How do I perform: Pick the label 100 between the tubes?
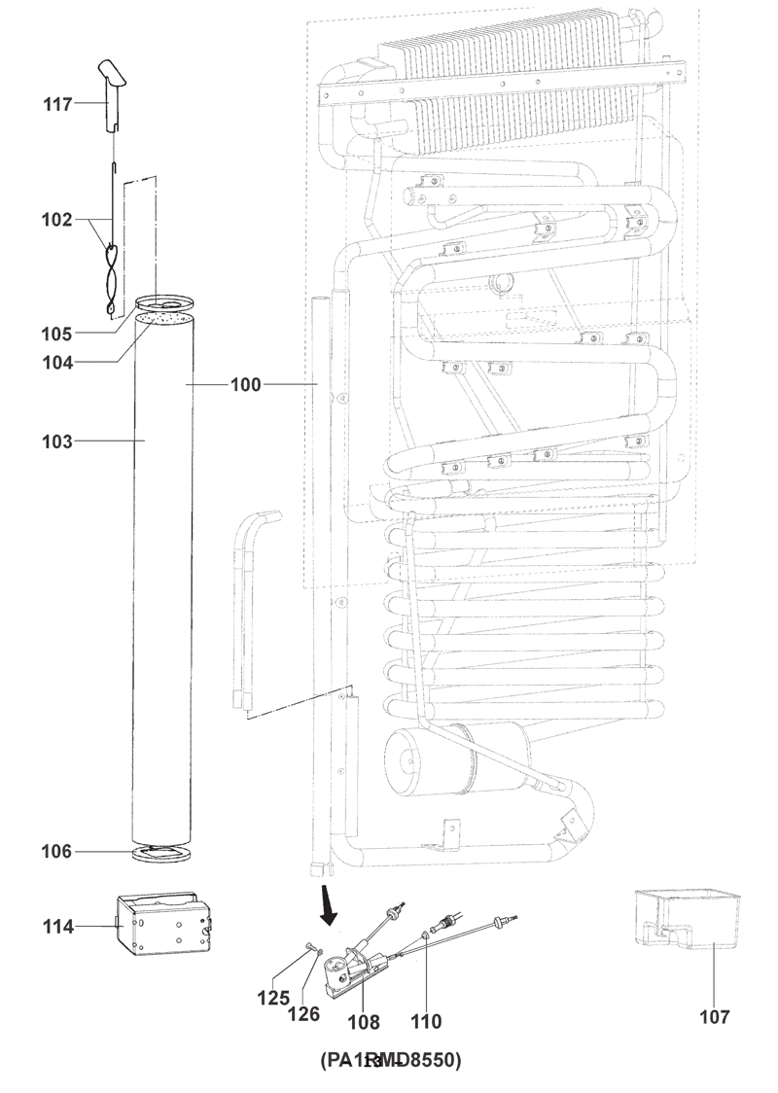(245, 385)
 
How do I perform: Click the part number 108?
(363, 1022)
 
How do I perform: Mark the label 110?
(426, 1022)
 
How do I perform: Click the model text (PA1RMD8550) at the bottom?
(390, 1059)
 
